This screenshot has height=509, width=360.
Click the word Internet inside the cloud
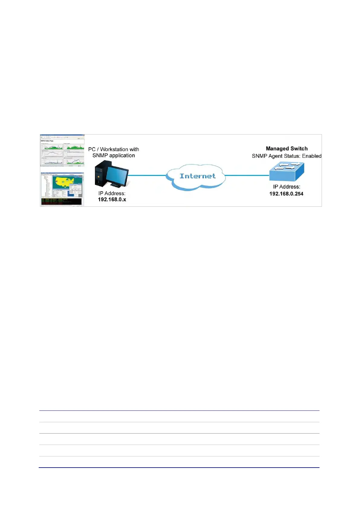coord(197,176)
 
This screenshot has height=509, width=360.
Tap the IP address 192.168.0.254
coord(286,194)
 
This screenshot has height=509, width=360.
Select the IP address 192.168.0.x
coord(112,199)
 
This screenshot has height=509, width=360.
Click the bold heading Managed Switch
coord(287,148)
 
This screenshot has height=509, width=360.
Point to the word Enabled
coord(312,156)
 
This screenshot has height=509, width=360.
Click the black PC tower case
coord(101,173)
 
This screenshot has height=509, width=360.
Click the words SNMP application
coord(114,155)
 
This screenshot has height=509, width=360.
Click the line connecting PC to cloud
coord(148,175)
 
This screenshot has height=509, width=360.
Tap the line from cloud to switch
coord(247,175)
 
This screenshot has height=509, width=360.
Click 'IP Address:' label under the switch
coord(287,187)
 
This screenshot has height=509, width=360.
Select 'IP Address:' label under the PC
coord(112,193)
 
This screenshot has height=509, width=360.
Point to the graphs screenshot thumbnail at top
coord(62,151)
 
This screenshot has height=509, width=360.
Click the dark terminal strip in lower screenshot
coord(62,202)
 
